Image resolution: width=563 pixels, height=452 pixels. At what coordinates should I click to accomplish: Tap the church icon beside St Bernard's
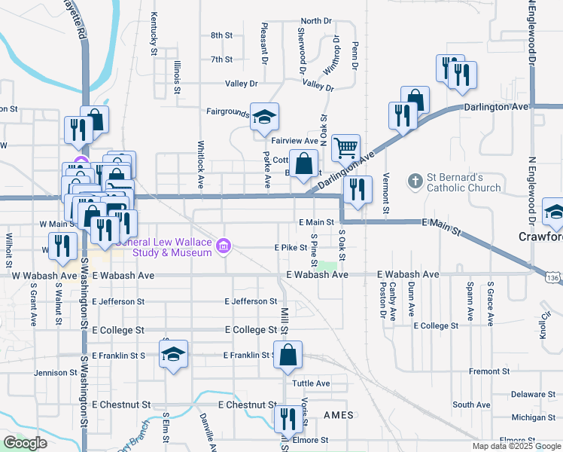coord(415,182)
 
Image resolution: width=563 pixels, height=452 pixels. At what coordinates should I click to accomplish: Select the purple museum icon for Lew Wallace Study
coord(224,246)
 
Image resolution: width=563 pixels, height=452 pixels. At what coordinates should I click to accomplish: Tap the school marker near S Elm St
coord(173,354)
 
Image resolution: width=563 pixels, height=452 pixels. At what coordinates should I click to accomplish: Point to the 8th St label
coord(221,35)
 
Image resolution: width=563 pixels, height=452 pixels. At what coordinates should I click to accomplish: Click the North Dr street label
coord(316,21)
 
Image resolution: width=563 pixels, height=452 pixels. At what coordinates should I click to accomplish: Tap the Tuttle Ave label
coord(311,383)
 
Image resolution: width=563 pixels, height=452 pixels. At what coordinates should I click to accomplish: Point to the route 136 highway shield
coord(553,279)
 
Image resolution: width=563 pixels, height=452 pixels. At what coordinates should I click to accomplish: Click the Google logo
coord(25,443)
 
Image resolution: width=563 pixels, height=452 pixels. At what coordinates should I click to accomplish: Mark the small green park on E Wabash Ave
coord(326,265)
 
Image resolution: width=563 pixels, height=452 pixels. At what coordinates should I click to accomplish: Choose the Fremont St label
coord(490,371)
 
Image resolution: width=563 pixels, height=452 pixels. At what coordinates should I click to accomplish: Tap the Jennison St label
coord(56,372)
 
